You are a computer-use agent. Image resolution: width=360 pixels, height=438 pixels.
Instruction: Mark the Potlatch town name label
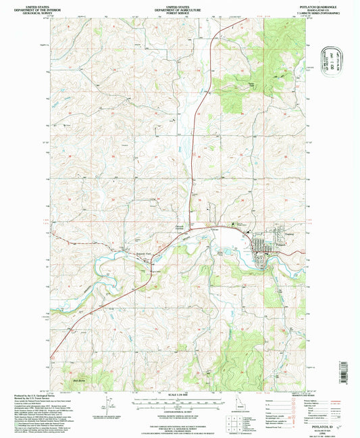tap(262, 237)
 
